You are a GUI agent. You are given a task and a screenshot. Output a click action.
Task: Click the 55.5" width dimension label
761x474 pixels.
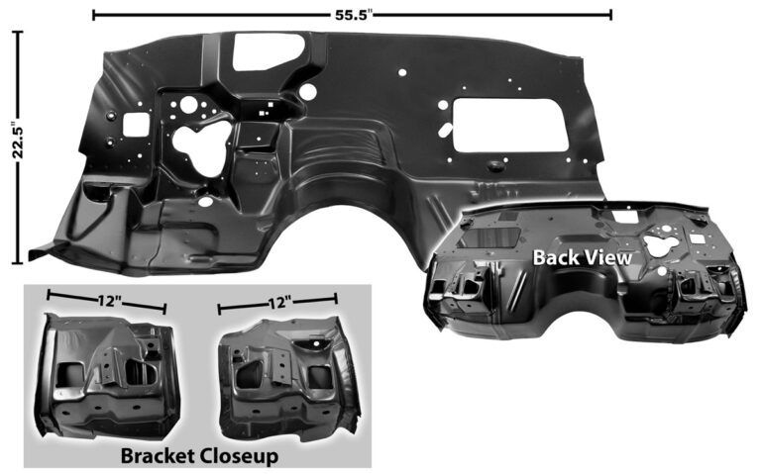point(353,15)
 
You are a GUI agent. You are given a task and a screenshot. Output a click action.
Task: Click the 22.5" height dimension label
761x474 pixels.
point(18,141)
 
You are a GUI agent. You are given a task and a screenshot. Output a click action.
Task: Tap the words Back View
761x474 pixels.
point(582,258)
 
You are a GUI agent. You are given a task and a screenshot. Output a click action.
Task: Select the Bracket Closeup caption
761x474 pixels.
point(199,456)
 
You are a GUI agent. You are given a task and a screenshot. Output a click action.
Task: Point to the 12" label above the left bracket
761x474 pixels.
point(109,301)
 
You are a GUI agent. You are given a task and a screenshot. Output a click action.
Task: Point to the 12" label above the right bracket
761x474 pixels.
point(280,304)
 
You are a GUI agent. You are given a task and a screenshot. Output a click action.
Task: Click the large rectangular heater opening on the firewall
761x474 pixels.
point(509,125)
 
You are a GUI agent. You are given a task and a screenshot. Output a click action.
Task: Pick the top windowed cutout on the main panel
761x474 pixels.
point(267,50)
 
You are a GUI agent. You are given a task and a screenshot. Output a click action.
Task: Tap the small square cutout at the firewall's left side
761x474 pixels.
point(136,125)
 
